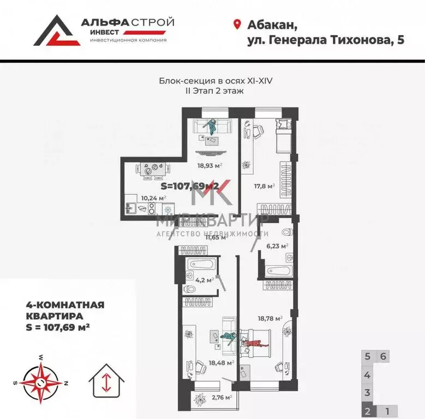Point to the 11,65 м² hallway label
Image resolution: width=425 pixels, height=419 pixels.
tap(215, 237)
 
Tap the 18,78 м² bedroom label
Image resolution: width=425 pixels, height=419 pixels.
tap(270, 319)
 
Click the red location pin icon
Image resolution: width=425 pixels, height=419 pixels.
tap(237, 24)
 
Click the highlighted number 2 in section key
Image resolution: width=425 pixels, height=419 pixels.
tap(368, 411)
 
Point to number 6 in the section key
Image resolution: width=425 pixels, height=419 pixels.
tap(384, 356)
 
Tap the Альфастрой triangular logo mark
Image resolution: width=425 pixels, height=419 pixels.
tap(55, 31)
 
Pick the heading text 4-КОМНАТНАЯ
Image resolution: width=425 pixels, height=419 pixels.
tap(65, 306)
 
